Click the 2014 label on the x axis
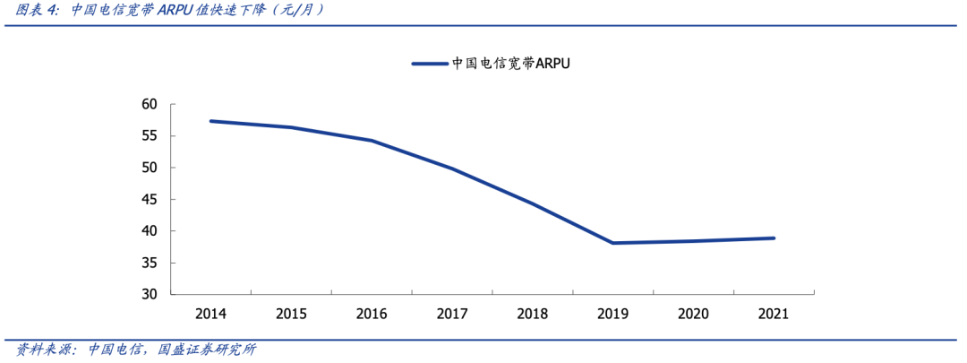210,314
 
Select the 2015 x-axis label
291,314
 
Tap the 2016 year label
372,314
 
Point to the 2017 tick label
452,314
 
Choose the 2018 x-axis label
533,314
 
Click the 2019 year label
613,314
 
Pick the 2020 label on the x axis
694,314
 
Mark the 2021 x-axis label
774,314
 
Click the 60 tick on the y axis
149,105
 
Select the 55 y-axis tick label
149,136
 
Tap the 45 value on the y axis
149,200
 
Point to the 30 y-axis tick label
149,295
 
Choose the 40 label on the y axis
149,231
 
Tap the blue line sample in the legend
429,64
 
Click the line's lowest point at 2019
613,243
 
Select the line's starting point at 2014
210,121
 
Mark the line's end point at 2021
774,238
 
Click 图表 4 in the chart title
36,11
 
